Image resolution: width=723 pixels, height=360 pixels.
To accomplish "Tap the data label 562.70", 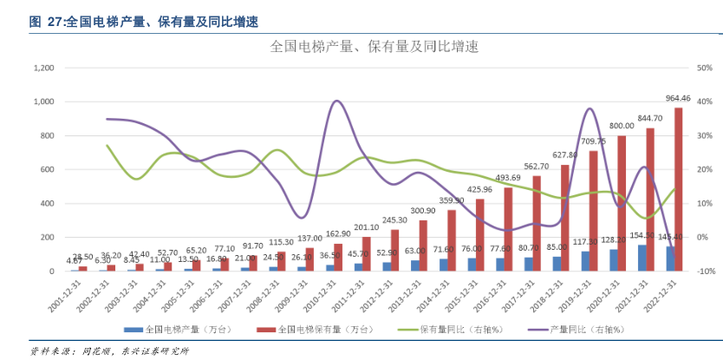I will click(537, 167).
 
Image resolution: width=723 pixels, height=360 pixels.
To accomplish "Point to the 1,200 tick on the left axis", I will click(42, 68).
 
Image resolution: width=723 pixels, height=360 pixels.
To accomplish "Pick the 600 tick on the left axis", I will click(47, 170).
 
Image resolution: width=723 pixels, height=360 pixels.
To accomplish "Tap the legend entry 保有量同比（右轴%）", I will click(459, 330).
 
